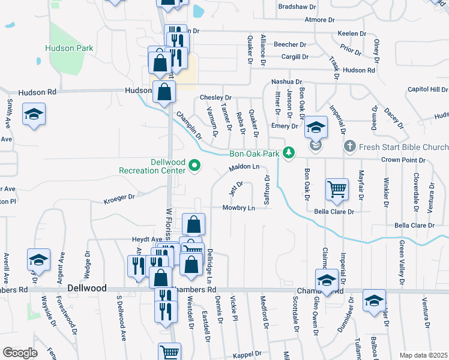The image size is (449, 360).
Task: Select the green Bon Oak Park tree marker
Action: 289,153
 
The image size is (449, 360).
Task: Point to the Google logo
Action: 20,353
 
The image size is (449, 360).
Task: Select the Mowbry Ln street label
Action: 239,208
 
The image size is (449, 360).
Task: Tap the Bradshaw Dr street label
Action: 297,7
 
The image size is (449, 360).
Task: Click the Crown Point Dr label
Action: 404,160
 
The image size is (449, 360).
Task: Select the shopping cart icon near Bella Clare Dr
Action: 337,189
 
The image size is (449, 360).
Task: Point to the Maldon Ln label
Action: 244,167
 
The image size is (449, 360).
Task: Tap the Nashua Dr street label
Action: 286,81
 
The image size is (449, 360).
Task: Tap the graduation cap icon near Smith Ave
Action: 34,115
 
